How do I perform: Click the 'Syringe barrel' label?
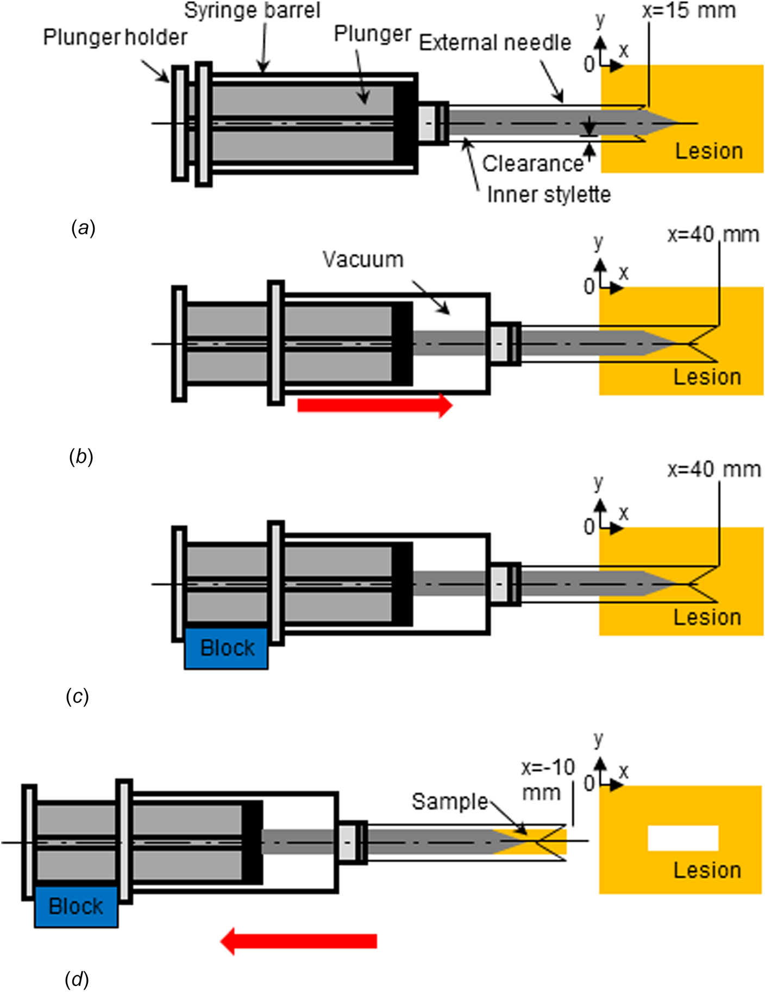pyautogui.click(x=252, y=11)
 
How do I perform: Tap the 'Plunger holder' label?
pyautogui.click(x=115, y=38)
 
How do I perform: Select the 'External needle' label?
pyautogui.click(x=495, y=42)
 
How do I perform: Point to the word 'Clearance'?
pyautogui.click(x=532, y=163)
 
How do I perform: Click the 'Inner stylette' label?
pyautogui.click(x=549, y=195)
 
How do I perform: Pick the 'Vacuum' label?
pyautogui.click(x=363, y=259)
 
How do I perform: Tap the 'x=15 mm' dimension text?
pyautogui.click(x=689, y=10)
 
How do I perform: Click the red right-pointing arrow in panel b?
pyautogui.click(x=375, y=405)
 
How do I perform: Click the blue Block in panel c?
pyautogui.click(x=226, y=648)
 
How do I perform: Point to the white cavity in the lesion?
pyautogui.click(x=683, y=838)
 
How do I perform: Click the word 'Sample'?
pyautogui.click(x=450, y=802)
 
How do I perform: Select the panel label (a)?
pyautogui.click(x=83, y=228)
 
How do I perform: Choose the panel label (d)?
pyautogui.click(x=77, y=979)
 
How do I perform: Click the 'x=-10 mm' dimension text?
pyautogui.click(x=548, y=780)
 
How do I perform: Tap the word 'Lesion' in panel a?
pyautogui.click(x=709, y=151)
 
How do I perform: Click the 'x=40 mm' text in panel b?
pyautogui.click(x=713, y=235)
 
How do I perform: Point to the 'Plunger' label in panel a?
pyautogui.click(x=372, y=34)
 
